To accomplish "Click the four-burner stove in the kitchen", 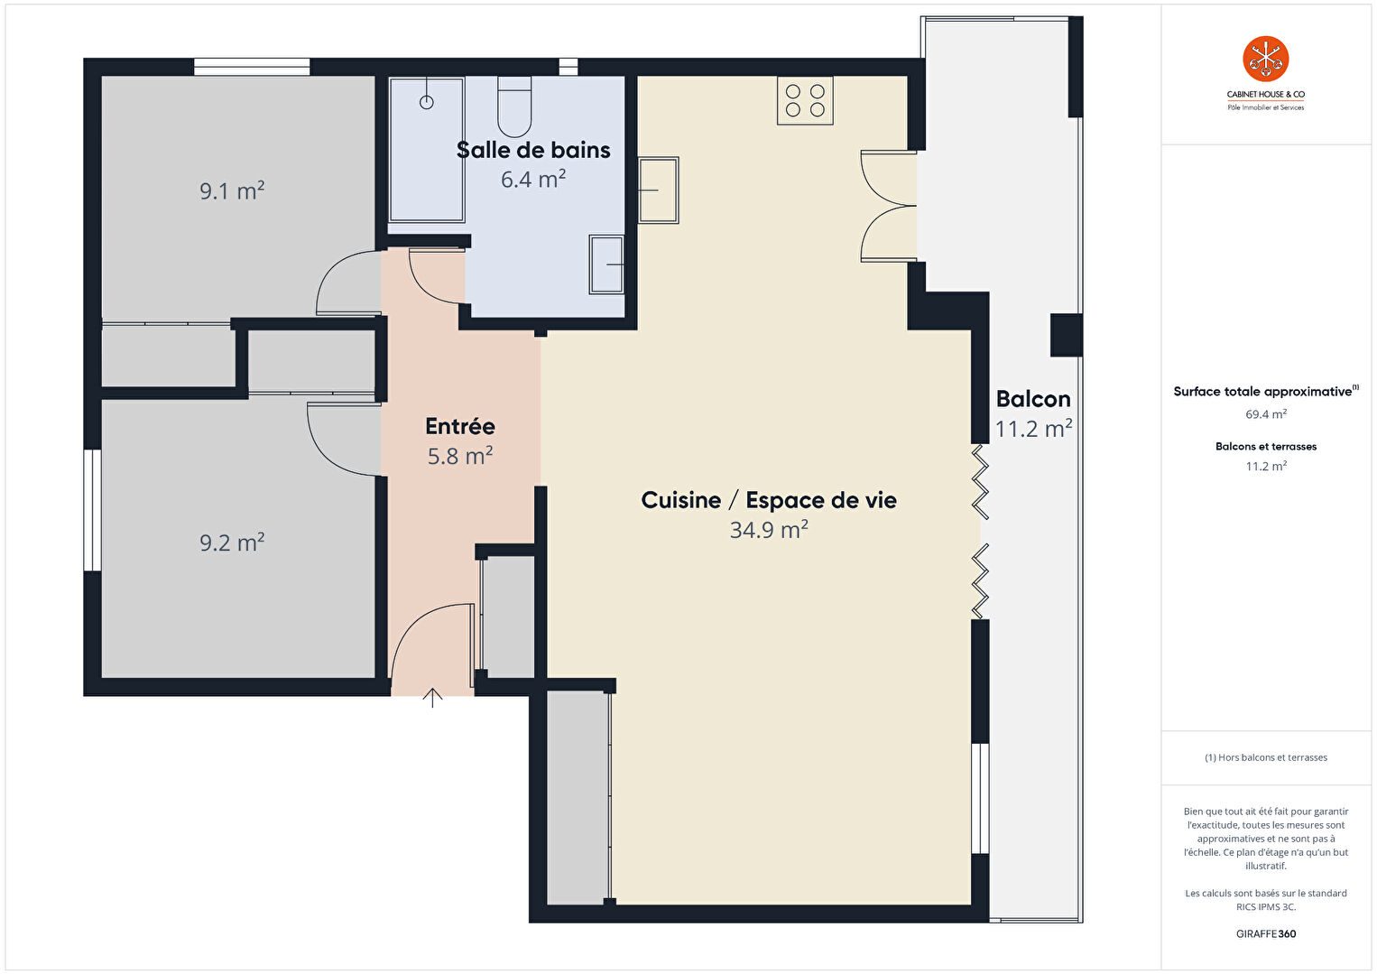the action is (x=805, y=101).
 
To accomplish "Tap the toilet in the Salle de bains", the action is (x=514, y=107).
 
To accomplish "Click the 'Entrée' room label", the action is (x=460, y=426).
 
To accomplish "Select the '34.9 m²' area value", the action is (x=769, y=530).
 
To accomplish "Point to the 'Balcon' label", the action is (x=1032, y=398).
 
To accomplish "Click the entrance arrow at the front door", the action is (x=433, y=697).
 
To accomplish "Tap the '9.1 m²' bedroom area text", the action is (x=232, y=190).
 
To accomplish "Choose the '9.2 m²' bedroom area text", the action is (x=232, y=543).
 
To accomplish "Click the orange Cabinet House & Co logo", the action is (x=1265, y=59).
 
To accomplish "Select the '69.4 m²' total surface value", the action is (x=1266, y=413).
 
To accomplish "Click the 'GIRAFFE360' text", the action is (x=1266, y=933).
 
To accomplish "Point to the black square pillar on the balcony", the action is (x=1066, y=335).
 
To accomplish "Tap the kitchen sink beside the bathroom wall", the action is (x=659, y=190).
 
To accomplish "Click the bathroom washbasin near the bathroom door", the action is (x=606, y=264).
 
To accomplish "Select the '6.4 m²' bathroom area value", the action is (x=533, y=179).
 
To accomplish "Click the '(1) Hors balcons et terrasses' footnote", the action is (x=1266, y=757).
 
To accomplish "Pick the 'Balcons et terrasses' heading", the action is (x=1266, y=447).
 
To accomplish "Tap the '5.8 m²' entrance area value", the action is (x=460, y=456).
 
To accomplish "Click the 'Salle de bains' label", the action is (x=533, y=150).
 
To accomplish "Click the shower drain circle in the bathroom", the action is (x=427, y=102).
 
